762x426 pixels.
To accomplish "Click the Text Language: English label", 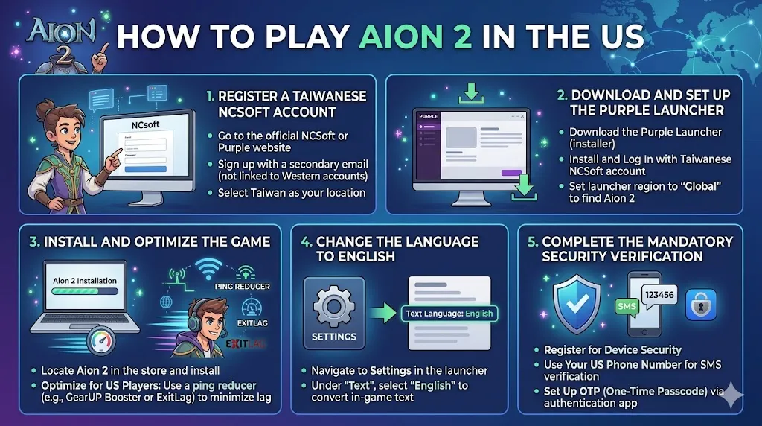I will (x=449, y=314).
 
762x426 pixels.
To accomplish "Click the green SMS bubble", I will (x=627, y=306).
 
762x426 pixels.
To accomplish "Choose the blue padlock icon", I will (x=700, y=305).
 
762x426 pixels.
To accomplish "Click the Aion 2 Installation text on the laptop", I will (x=85, y=281).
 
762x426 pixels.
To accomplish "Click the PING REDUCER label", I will (x=242, y=287).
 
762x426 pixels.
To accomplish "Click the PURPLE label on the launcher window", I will (x=429, y=117).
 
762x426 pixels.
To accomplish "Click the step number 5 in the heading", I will (x=531, y=242).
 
